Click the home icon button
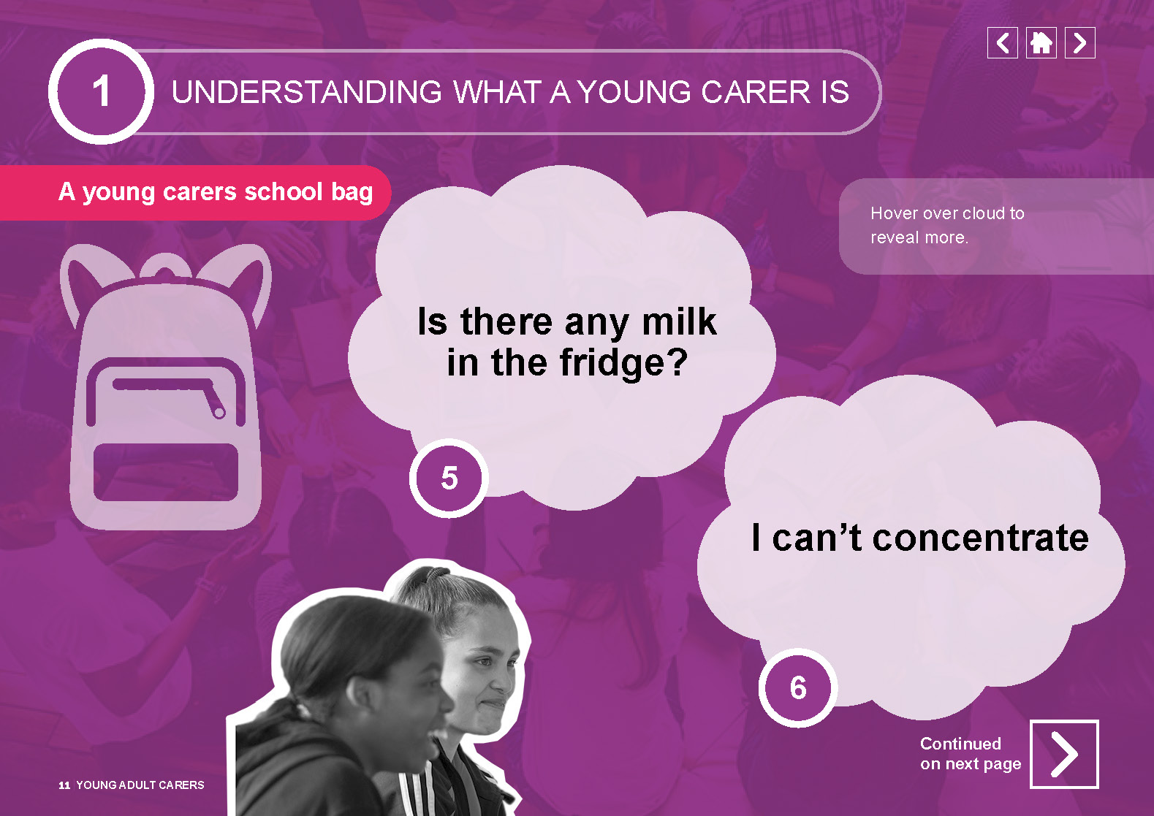click(1041, 42)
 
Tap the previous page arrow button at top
click(1003, 42)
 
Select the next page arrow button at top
click(1079, 42)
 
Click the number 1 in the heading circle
click(102, 91)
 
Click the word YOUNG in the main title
click(634, 92)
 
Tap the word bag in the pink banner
click(352, 193)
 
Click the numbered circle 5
click(449, 478)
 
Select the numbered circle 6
click(798, 688)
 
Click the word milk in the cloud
click(679, 321)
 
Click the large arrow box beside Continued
click(1064, 754)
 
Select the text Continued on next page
click(971, 754)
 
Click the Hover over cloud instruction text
click(947, 225)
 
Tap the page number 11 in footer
click(64, 785)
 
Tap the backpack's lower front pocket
click(166, 472)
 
